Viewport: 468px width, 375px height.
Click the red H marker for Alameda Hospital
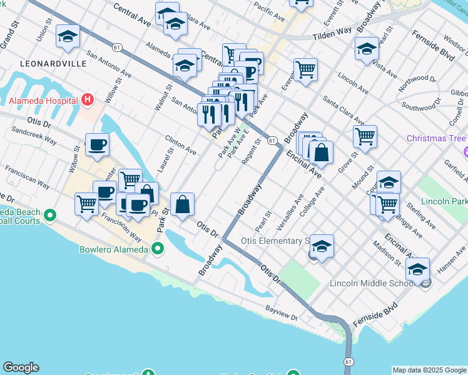tap(88, 100)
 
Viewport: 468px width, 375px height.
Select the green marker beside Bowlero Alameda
tap(158, 249)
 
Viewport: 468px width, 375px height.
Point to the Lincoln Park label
tap(444, 202)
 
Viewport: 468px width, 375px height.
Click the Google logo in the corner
tap(21, 367)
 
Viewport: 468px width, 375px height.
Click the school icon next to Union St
tap(68, 36)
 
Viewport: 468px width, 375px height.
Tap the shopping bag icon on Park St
tap(182, 204)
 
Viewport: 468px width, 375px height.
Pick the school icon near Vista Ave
tap(367, 49)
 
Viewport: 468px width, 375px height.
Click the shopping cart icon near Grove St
tap(365, 136)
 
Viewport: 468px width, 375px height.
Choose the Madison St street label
tap(388, 252)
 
